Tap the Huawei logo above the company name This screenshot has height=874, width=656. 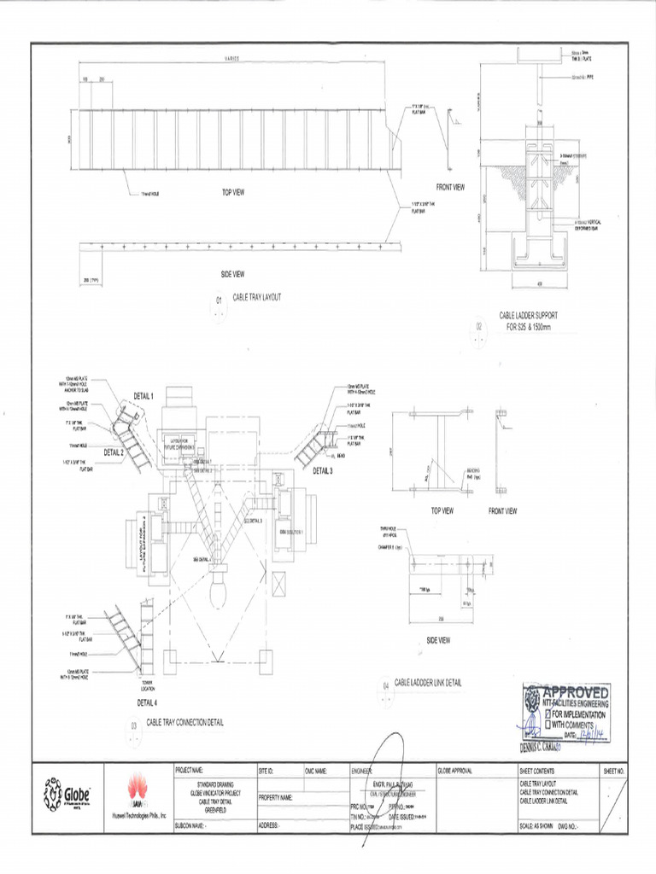136,789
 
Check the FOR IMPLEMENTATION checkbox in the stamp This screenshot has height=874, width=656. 547,714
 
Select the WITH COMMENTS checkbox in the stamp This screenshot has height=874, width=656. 547,725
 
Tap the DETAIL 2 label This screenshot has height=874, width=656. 114,452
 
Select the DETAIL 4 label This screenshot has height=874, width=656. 147,703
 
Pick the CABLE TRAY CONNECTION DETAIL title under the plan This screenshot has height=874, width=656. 185,722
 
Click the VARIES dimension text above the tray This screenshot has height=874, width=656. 232,59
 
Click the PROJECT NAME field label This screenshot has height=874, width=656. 189,770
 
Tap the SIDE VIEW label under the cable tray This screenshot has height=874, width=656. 232,274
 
